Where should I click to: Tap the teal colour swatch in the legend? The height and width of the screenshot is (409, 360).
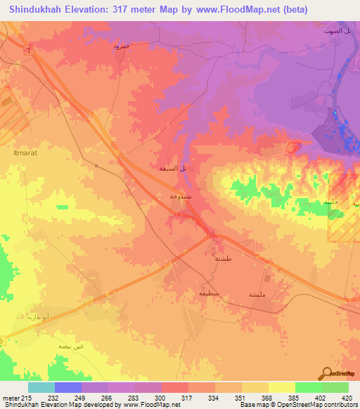[x=41, y=387]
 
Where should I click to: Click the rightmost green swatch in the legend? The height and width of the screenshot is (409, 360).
[x=335, y=387]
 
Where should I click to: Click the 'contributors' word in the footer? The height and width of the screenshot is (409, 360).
[x=339, y=405]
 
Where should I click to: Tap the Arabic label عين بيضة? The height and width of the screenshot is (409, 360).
[x=70, y=346]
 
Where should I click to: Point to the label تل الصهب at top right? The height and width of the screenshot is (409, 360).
[x=328, y=32]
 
